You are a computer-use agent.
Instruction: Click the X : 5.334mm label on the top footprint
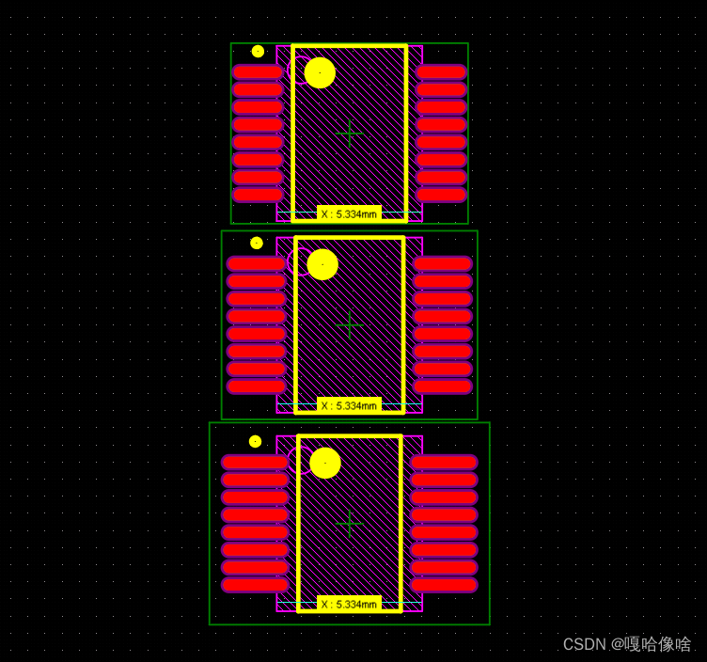[x=349, y=214]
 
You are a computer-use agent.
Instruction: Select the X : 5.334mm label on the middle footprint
[x=349, y=406]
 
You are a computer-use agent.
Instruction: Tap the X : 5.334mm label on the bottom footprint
[x=349, y=605]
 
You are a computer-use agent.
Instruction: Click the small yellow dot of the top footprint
[x=258, y=52]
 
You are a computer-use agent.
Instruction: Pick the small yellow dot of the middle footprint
[x=257, y=243]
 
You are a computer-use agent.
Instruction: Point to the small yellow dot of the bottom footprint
[x=255, y=441]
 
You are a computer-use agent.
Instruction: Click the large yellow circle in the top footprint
[x=320, y=72]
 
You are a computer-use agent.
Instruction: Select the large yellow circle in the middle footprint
[x=322, y=264]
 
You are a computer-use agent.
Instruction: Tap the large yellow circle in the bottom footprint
[x=325, y=463]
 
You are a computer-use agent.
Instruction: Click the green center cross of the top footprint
[x=350, y=134]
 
